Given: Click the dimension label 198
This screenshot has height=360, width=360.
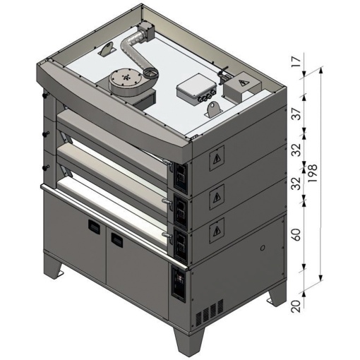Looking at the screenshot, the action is pos(313,173).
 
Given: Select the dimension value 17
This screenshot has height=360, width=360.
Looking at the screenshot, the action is pos(297,62).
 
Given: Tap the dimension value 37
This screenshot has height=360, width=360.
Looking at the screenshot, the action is pos(297,114).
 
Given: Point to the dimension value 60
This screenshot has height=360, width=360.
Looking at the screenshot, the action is pos(297,234).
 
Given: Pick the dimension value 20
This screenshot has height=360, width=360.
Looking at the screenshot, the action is pos(297,306).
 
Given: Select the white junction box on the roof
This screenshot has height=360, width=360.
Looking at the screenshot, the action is pos(196,90).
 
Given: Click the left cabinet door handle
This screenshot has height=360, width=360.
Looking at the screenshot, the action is pos(94,226).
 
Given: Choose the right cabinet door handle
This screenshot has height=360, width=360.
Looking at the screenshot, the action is pos(117,239).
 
